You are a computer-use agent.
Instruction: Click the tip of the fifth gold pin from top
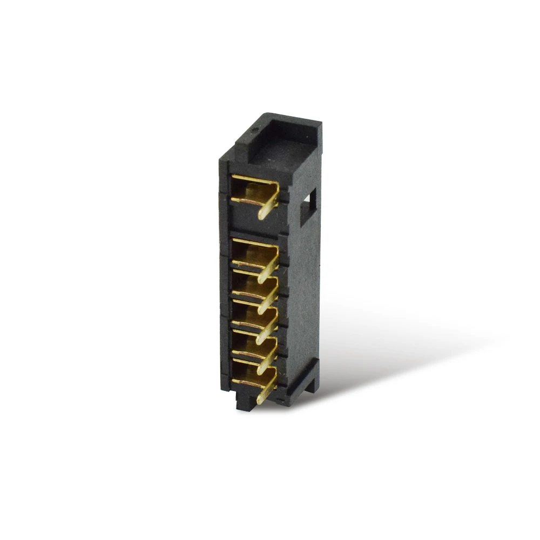pos(261,368)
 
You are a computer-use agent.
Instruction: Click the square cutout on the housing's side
pos(309,205)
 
